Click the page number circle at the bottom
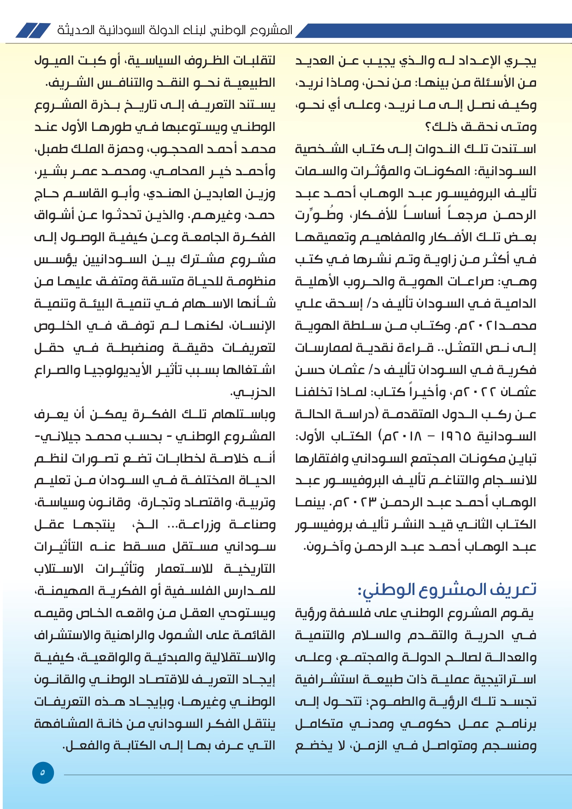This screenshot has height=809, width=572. (x=43, y=773)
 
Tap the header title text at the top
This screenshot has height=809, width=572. (x=175, y=30)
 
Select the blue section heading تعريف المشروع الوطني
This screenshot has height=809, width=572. (x=447, y=589)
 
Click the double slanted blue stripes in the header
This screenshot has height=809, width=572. (x=33, y=30)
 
